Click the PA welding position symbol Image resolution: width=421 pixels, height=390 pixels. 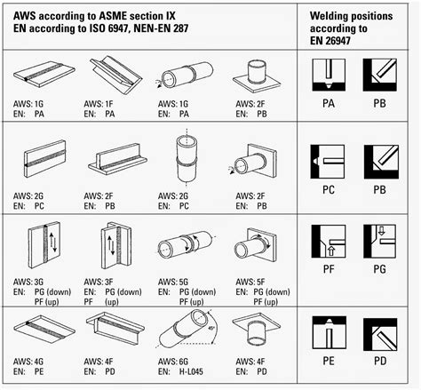point(330,78)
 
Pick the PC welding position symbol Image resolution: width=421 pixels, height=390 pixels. point(330,162)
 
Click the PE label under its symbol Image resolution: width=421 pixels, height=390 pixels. point(330,362)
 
